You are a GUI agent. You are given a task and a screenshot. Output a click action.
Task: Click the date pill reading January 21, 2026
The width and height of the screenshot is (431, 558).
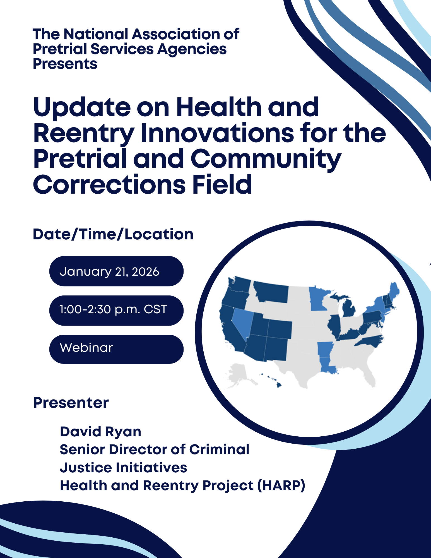coord(116,271)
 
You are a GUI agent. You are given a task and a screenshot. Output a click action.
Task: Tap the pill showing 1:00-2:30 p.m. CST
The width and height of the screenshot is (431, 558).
coord(116,310)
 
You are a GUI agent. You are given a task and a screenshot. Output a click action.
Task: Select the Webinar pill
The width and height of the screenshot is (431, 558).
coord(116,349)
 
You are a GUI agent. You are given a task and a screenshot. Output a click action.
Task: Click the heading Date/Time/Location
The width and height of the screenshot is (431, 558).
coord(113,234)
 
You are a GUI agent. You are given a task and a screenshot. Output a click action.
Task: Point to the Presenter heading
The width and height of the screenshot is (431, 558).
coord(71,403)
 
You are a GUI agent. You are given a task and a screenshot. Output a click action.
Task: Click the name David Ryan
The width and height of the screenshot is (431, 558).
coord(100,432)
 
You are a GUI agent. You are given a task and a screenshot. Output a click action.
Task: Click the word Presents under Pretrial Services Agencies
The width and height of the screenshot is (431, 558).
coord(65,64)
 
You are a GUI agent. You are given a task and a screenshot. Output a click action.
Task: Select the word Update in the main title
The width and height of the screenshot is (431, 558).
coord(82,107)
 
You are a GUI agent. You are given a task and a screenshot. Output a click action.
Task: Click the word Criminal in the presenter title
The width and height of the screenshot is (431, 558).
coord(219,449)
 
